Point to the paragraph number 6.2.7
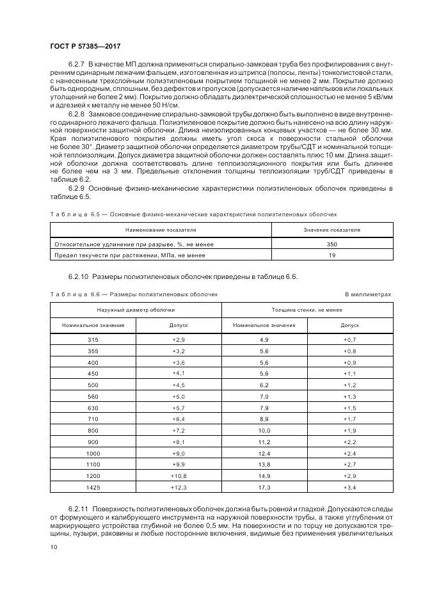click(76, 67)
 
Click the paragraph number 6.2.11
click(79, 506)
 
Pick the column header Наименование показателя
click(161, 229)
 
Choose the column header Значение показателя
click(331, 229)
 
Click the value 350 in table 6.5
click(331, 244)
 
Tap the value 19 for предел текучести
click(331, 255)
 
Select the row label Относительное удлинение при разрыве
click(134, 244)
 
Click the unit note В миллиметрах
click(367, 294)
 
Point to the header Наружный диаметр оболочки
click(136, 310)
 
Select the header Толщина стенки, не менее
click(307, 310)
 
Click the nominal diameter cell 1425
click(93, 488)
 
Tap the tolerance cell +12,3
click(179, 488)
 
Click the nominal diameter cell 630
click(93, 408)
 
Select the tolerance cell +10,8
click(179, 477)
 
